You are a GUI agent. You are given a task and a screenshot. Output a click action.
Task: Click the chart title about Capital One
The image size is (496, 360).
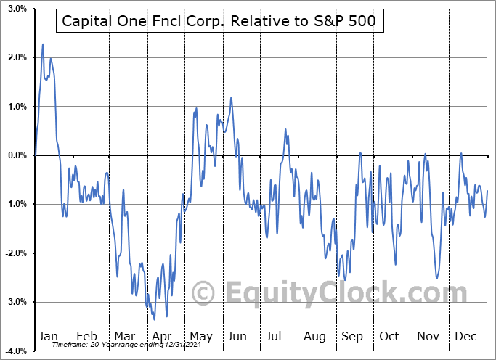(x=219, y=21)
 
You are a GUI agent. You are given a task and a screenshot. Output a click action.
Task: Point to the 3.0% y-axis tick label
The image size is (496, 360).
(x=17, y=9)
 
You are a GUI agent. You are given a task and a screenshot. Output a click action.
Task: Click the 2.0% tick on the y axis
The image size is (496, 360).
(x=17, y=57)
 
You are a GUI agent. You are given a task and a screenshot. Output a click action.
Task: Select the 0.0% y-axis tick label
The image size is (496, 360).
(x=17, y=155)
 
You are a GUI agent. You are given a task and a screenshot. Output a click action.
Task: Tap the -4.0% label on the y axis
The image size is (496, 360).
(x=16, y=351)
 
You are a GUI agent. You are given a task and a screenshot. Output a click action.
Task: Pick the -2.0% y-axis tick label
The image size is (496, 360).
(x=16, y=253)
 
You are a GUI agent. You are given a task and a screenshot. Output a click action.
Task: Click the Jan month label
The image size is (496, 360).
(x=47, y=336)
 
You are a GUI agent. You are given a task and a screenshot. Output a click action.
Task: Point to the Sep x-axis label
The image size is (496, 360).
(x=352, y=336)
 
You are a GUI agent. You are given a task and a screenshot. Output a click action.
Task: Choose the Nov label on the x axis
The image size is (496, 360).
(x=428, y=336)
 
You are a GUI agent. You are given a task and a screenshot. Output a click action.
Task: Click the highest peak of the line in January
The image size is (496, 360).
(x=43, y=44)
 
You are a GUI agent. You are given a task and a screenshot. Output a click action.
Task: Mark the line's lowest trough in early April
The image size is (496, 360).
(x=154, y=319)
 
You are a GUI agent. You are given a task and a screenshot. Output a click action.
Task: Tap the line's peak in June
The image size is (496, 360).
(x=231, y=97)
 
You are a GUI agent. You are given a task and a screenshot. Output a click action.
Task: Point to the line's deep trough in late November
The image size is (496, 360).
(x=436, y=278)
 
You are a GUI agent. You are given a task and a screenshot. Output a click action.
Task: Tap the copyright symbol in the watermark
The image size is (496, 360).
(x=203, y=293)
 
